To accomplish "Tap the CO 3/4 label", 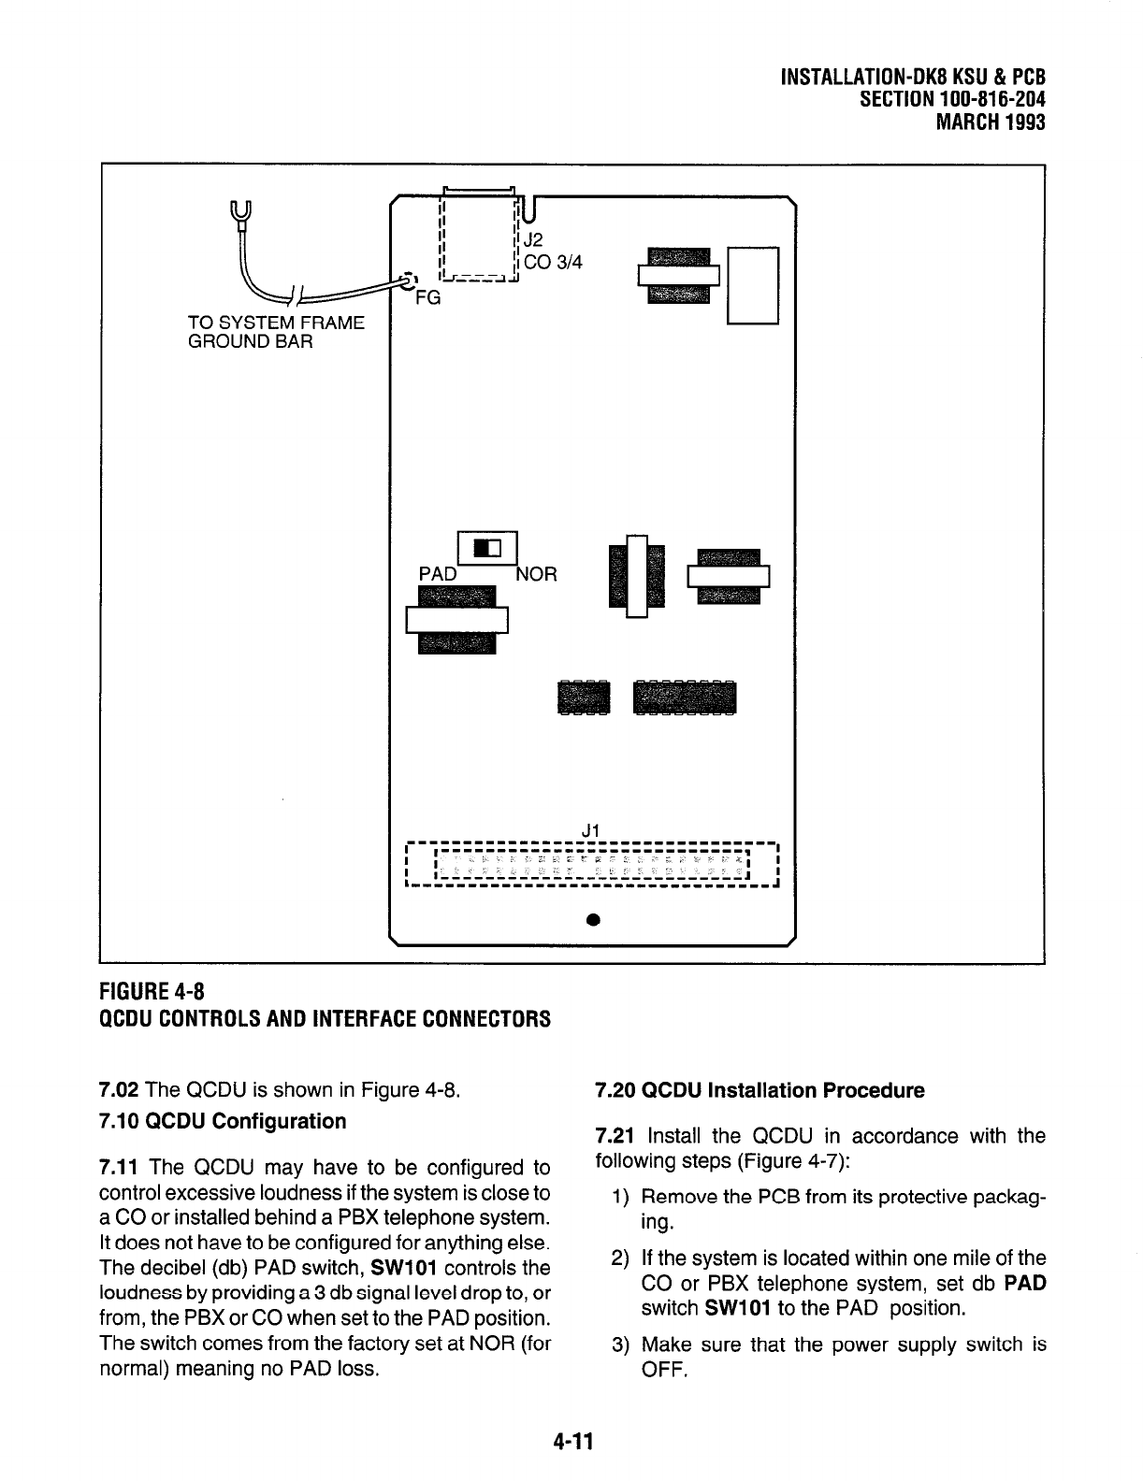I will click(x=553, y=263).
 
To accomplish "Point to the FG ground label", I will click(x=427, y=299).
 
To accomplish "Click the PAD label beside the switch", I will click(x=437, y=574).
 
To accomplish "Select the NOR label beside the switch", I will click(x=538, y=574).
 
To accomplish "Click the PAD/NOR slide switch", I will click(x=487, y=548).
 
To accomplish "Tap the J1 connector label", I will click(x=590, y=829).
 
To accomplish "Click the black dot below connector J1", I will click(x=592, y=920).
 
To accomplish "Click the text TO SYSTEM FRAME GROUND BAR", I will click(x=275, y=332).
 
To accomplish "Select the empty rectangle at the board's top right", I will click(x=753, y=285).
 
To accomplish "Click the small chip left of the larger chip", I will click(x=582, y=697).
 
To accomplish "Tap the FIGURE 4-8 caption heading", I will click(x=156, y=990).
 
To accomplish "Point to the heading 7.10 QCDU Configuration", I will click(x=222, y=1120).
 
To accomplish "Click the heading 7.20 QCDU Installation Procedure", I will click(x=760, y=1090).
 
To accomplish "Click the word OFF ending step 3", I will click(x=664, y=1371).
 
